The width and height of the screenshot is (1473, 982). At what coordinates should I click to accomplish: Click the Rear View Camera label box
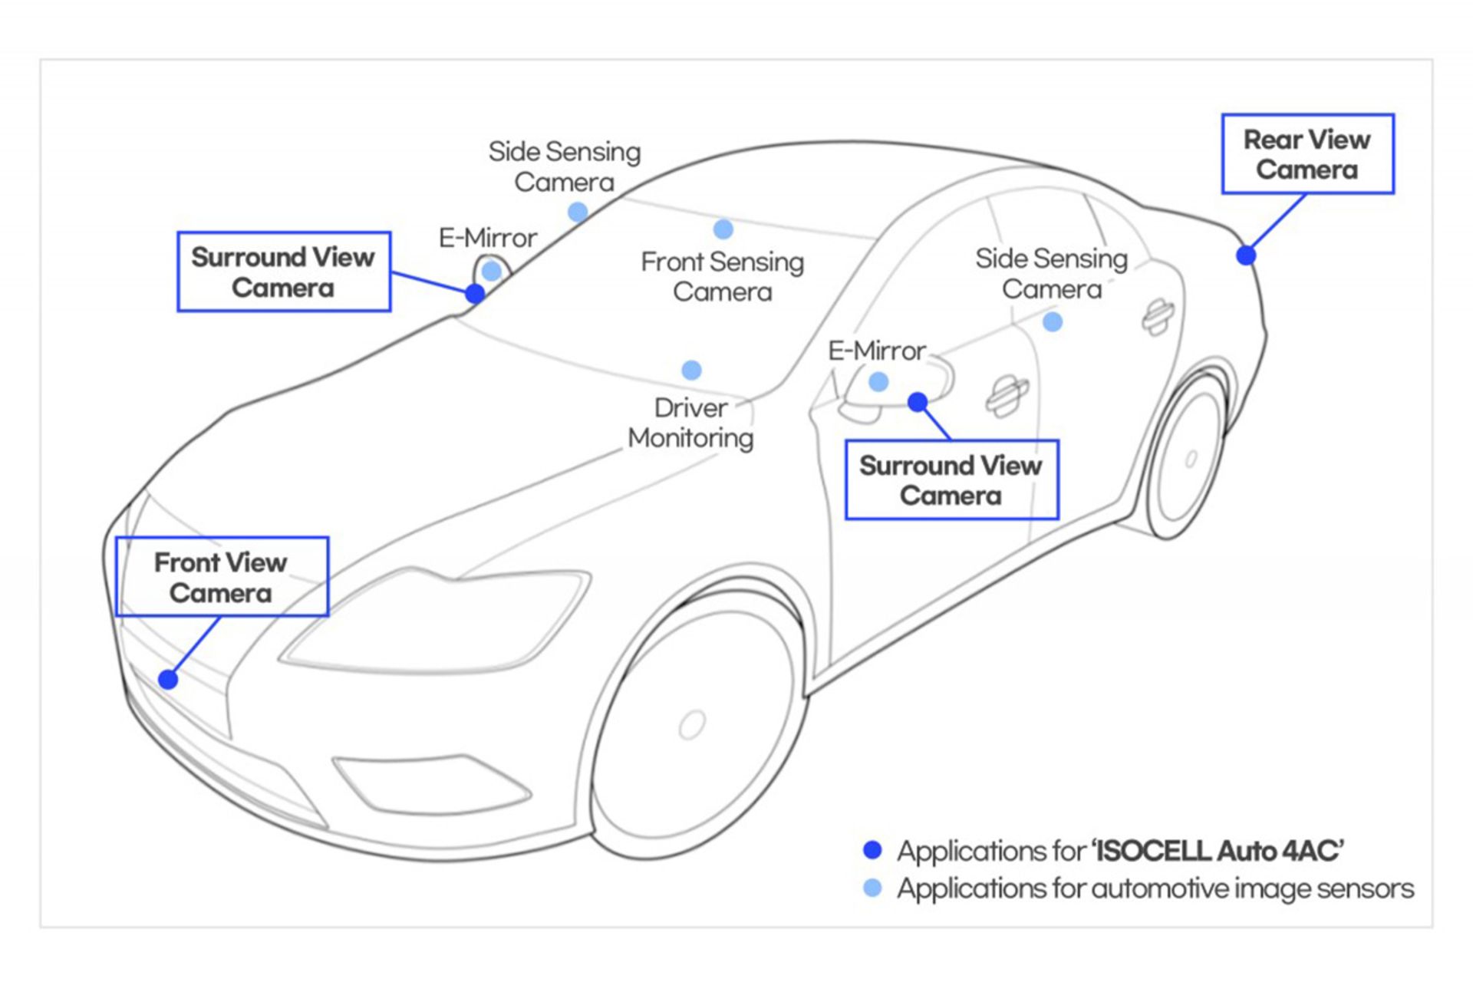pos(1307,154)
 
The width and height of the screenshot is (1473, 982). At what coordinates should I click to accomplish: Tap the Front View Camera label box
pos(222,577)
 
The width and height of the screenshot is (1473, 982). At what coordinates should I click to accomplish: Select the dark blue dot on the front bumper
pos(168,679)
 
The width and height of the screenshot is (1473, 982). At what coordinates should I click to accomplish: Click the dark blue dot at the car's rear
pos(1246,255)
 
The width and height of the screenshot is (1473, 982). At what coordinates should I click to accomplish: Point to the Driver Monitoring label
pos(690,423)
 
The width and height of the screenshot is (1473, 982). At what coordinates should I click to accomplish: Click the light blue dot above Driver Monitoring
pos(691,371)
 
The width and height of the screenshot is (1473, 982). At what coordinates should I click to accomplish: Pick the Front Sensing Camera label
pos(723,277)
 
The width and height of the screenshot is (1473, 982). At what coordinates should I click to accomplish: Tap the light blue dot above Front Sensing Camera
pos(723,229)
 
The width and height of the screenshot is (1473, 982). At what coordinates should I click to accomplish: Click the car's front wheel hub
pos(692,725)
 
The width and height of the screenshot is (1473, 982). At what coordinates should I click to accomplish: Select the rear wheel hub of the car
pos(1191,459)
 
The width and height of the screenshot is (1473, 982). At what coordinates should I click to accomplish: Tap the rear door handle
pos(1158,315)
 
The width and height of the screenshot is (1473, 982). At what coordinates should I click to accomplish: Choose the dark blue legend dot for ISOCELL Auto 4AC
pos(872,850)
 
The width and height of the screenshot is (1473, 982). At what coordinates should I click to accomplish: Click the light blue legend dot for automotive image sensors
pos(872,888)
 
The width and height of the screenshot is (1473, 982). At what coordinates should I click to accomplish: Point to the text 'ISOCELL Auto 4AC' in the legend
pos(1218,851)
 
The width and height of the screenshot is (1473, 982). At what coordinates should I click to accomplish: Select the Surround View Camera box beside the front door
pos(951,480)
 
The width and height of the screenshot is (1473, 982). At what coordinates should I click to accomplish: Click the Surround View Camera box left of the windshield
pos(284,272)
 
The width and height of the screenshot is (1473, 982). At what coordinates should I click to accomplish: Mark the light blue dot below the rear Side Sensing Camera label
pos(1053,321)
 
